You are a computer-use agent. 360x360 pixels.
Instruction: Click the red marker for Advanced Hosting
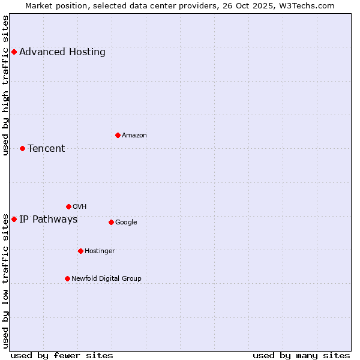14,52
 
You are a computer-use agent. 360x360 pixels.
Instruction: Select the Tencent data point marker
22,148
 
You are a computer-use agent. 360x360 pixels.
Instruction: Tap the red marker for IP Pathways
14,219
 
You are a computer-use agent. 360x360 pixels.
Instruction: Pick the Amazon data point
118,135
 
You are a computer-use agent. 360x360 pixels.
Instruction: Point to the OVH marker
68,206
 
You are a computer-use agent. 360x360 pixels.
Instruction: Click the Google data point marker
111,222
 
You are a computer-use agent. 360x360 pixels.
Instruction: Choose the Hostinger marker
80,251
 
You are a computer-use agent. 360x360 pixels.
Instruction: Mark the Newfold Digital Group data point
67,278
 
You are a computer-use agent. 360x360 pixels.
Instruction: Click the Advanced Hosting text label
62,52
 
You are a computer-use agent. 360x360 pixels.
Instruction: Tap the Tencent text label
46,148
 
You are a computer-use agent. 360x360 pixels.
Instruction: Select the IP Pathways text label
49,219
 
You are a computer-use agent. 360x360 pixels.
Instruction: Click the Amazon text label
134,135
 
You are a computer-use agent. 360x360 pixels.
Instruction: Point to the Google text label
126,222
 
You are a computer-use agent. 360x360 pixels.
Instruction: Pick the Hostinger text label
100,251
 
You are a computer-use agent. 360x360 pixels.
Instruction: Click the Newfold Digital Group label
106,278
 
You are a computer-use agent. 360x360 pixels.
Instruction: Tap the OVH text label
79,206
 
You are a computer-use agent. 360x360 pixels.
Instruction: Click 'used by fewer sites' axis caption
62,355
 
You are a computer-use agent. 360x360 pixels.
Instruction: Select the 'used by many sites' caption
301,355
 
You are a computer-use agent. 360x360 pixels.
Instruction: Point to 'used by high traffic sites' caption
5,85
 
